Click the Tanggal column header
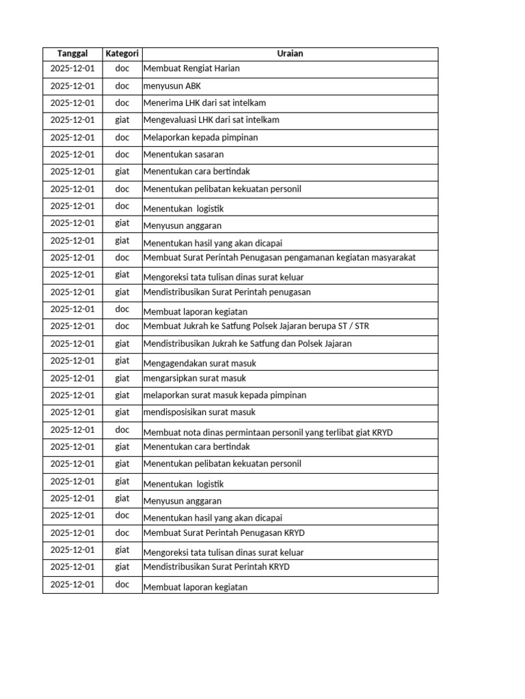pyautogui.click(x=72, y=54)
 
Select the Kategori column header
pyautogui.click(x=122, y=54)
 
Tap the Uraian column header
pyautogui.click(x=290, y=54)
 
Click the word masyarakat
pyautogui.click(x=392, y=257)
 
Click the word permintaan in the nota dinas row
pyautogui.click(x=247, y=432)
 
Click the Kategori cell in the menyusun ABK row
pyautogui.click(x=122, y=86)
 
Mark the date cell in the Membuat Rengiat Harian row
pyautogui.click(x=72, y=69)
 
